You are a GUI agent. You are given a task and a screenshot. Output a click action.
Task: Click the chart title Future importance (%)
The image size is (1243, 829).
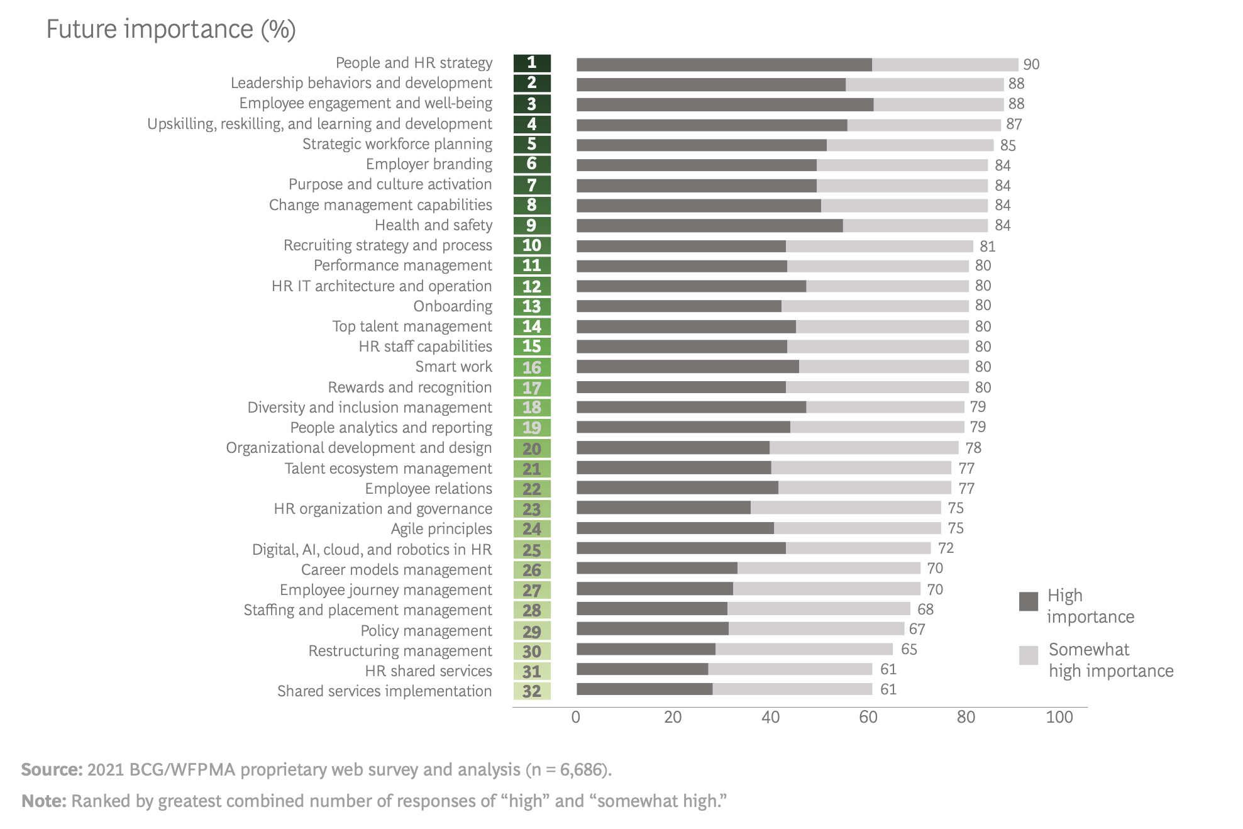pos(171,30)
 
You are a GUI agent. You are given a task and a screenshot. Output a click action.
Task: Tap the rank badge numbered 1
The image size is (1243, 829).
pos(532,63)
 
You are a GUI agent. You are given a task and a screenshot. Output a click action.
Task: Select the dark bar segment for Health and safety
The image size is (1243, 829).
pos(709,226)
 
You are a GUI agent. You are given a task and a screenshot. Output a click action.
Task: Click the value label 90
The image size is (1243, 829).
pos(1031,64)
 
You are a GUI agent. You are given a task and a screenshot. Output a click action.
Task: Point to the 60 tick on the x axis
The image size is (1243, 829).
pos(868,717)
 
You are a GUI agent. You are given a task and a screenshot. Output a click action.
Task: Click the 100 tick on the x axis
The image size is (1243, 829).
pos(1059,717)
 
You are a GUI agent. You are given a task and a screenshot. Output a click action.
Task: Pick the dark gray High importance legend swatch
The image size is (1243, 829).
pos(1028,601)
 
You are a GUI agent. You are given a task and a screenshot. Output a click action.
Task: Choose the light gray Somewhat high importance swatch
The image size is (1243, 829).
pos(1028,655)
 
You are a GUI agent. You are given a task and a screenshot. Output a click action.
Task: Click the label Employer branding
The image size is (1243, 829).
pos(429,164)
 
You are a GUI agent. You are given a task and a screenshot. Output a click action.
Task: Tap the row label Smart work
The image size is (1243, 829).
pos(453,367)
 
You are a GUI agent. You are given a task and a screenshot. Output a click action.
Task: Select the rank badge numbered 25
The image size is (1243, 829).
pos(532,550)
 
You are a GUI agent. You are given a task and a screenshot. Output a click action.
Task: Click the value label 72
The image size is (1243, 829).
pos(946,548)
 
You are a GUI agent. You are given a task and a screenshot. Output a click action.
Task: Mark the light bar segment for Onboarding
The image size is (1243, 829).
pos(875,306)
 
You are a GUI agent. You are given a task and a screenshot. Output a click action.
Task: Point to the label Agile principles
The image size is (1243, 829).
pos(441,529)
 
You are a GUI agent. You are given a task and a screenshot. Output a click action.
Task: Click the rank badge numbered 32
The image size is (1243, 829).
pos(532,691)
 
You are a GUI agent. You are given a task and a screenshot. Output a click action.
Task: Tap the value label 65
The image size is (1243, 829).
pos(909,649)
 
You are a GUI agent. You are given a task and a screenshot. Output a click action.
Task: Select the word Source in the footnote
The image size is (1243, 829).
pos(52,769)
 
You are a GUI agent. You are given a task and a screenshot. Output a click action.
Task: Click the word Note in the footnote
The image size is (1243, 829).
pos(43,801)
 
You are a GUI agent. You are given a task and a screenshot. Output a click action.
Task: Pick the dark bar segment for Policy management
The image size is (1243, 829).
pos(652,629)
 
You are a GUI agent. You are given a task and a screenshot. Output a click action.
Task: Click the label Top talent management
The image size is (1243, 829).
pos(412,326)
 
